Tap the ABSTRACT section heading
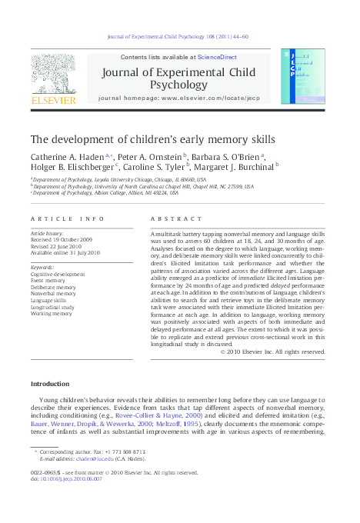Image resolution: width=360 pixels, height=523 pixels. pos(171,218)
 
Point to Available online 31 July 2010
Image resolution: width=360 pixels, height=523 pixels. pos(65,252)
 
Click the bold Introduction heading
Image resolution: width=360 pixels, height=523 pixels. pos(50,384)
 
